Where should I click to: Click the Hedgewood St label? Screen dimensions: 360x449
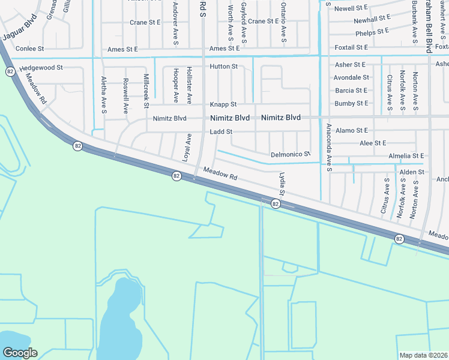pyautogui.click(x=41, y=68)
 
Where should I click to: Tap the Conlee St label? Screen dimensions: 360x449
pyautogui.click(x=30, y=48)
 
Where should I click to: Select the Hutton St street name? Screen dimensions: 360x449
pyautogui.click(x=223, y=67)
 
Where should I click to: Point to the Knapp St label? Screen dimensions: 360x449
pyautogui.click(x=223, y=104)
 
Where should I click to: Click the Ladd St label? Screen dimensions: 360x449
pyautogui.click(x=221, y=131)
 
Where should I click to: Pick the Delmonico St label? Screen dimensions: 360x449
pyautogui.click(x=290, y=154)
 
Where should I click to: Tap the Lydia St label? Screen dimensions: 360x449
pyautogui.click(x=280, y=184)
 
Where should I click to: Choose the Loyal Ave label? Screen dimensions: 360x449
pyautogui.click(x=186, y=147)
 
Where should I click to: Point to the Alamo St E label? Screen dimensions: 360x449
pyautogui.click(x=352, y=130)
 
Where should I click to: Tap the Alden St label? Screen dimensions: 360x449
pyautogui.click(x=412, y=172)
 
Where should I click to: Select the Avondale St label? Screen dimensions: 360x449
pyautogui.click(x=351, y=77)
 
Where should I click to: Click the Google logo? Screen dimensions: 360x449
pyautogui.click(x=20, y=353)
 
